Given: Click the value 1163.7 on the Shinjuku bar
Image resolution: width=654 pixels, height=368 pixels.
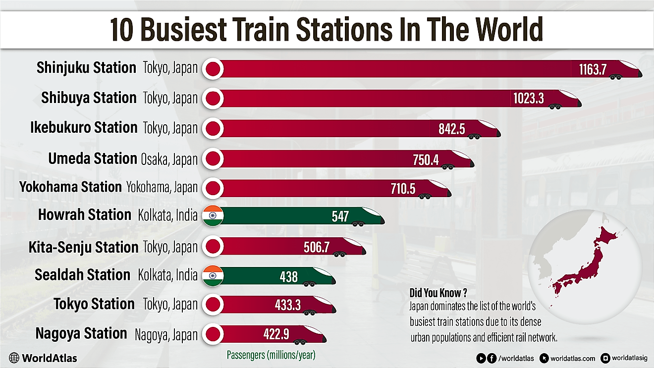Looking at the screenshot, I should click(x=593, y=69).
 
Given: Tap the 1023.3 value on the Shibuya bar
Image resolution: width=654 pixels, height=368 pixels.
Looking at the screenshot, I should click(x=528, y=98).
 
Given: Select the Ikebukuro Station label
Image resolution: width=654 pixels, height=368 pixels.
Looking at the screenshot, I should click(x=83, y=127).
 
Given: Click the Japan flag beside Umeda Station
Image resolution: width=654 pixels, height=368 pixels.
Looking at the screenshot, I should click(x=214, y=159).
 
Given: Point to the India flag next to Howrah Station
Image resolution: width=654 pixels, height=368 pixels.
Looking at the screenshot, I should click(x=214, y=216).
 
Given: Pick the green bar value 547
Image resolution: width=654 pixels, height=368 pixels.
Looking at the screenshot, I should click(x=340, y=216).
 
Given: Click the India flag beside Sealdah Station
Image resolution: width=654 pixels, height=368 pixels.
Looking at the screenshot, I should click(x=214, y=276).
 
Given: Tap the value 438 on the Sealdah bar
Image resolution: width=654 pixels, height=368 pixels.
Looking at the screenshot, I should click(x=288, y=276).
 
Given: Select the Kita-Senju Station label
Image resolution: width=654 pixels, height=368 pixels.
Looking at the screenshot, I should click(x=83, y=247).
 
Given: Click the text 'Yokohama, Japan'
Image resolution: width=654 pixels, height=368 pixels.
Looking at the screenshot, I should click(x=162, y=187).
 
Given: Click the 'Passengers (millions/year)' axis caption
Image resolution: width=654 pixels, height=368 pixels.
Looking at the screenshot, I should click(x=271, y=355).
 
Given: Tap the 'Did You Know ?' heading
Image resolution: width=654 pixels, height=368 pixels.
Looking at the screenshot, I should click(x=439, y=293).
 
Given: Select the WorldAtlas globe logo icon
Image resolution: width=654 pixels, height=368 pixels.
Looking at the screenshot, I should click(x=14, y=358).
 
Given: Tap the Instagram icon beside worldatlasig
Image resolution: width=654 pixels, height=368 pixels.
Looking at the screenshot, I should click(x=605, y=358).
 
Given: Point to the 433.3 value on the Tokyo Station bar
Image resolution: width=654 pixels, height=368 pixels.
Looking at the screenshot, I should click(x=287, y=305).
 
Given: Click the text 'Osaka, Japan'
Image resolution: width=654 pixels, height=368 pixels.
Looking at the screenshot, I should click(x=169, y=159).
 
